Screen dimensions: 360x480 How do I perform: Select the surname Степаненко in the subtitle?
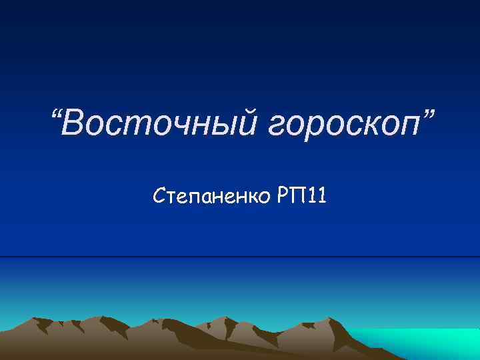[211, 197]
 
